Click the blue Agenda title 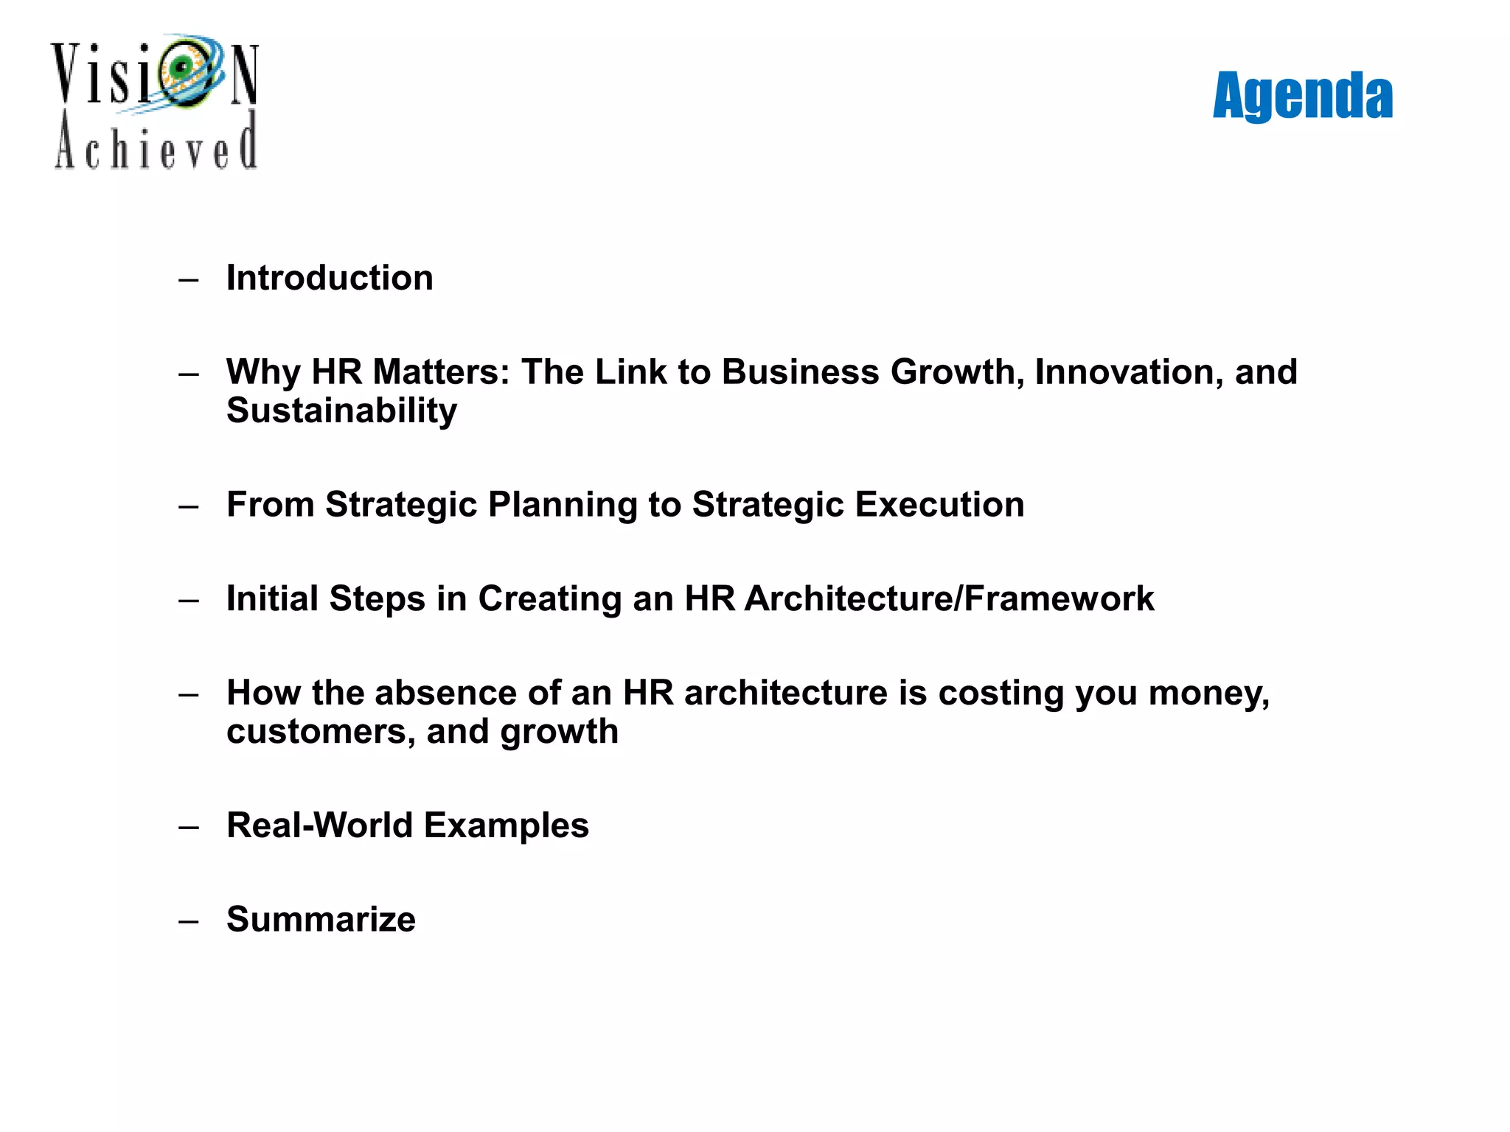coord(1302,96)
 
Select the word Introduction coord(330,279)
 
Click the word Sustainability coord(341,411)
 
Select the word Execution coord(939,506)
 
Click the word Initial coord(272,598)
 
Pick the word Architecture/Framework coord(949,598)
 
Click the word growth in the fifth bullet coord(559,733)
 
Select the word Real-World coord(319,825)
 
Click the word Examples coord(507,825)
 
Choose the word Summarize coord(321,920)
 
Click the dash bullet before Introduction coord(189,280)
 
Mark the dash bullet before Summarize coord(189,921)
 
